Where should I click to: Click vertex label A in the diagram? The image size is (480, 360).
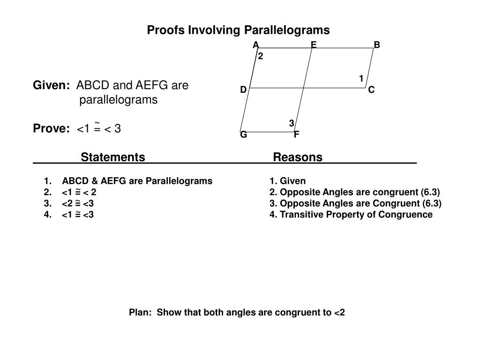pos(255,45)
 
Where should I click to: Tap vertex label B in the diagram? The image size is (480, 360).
pos(377,45)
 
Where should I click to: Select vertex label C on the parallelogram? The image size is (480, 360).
pos(371,90)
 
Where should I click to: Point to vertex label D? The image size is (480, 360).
pos(243,90)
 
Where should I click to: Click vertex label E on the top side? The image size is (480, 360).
pos(314,45)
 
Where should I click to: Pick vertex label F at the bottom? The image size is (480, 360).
pos(297,135)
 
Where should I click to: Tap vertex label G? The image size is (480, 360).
pos(244,135)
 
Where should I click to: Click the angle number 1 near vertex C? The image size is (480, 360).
pos(361,78)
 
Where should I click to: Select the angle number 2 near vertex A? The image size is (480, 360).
pos(261,56)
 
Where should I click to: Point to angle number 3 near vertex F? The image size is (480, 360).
pos(292,123)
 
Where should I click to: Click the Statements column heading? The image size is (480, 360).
pos(113,157)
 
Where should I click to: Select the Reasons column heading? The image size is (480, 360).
pos(298,157)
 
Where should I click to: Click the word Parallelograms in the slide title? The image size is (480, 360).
pos(289,30)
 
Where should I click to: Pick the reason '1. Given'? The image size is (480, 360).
pos(287,181)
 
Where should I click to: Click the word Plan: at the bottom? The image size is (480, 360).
pos(141,312)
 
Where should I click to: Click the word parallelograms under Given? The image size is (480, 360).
pos(118,100)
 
